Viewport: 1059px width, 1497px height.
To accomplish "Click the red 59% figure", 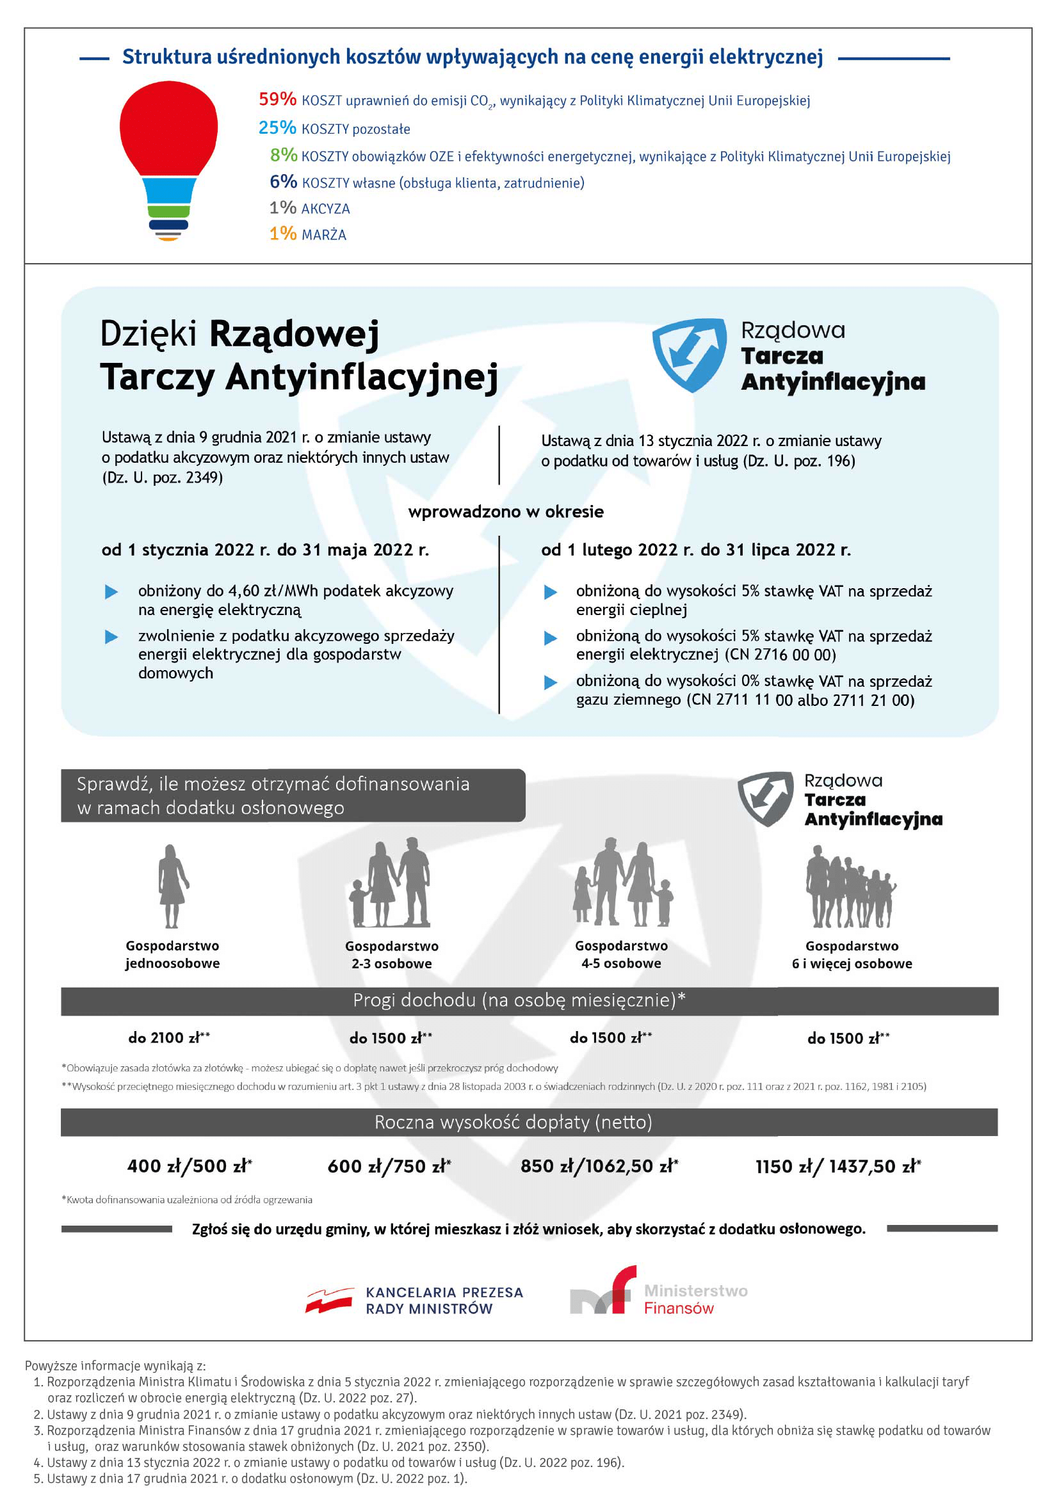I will click(x=277, y=99).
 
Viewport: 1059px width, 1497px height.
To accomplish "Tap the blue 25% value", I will click(x=277, y=128).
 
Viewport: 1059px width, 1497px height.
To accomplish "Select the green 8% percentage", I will click(x=284, y=155).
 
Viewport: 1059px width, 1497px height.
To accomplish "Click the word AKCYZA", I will click(x=325, y=209).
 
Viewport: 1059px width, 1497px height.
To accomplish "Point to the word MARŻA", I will click(x=323, y=235).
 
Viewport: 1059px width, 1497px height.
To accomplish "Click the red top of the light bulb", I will click(x=168, y=127).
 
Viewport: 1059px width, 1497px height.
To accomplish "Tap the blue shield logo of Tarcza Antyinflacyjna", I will click(x=690, y=355).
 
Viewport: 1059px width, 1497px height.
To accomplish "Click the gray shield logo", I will click(x=766, y=798).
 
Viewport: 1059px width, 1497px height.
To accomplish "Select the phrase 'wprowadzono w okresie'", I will click(x=505, y=512).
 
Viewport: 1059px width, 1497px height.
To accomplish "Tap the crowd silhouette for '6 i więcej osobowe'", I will click(x=850, y=886).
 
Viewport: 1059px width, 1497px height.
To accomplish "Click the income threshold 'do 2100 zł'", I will click(x=168, y=1037).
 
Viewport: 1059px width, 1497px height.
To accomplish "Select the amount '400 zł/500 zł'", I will click(x=189, y=1167).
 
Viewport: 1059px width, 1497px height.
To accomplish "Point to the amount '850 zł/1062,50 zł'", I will click(x=599, y=1167).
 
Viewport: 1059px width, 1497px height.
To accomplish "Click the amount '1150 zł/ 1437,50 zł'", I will click(x=837, y=1167).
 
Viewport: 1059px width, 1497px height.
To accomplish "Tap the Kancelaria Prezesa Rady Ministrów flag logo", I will click(x=330, y=1300).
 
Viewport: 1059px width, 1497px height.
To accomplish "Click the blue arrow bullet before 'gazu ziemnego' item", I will click(x=551, y=682).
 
